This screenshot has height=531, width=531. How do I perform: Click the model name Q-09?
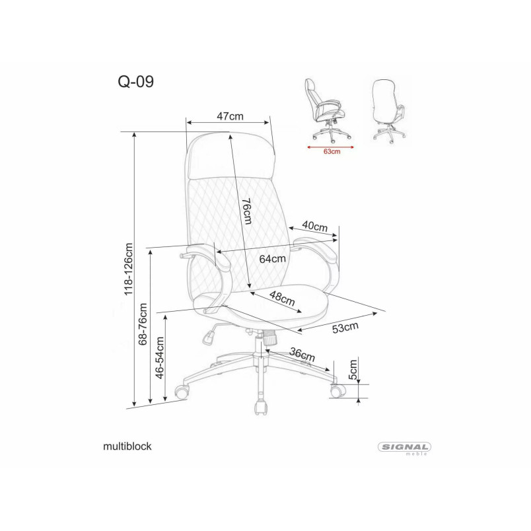[x=135, y=82]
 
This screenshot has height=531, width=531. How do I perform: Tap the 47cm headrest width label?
[x=230, y=116]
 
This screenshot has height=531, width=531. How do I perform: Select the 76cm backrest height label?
[x=247, y=211]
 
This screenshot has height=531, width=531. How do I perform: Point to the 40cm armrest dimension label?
[x=314, y=226]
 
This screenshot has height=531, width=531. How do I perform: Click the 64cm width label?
[x=273, y=259]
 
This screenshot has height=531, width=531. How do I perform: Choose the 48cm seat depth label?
[x=282, y=299]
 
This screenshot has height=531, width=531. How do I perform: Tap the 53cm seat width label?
[x=345, y=328]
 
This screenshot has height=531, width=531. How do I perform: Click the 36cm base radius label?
[x=302, y=354]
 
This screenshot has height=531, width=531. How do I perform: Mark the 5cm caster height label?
[x=353, y=370]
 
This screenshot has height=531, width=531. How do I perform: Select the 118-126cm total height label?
[x=128, y=269]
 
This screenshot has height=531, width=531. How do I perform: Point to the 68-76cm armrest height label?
[x=143, y=324]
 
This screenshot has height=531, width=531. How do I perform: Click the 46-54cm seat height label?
[x=159, y=357]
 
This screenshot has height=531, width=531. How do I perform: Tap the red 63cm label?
[x=332, y=151]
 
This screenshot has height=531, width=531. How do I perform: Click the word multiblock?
[x=127, y=446]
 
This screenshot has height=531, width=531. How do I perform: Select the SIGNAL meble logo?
[x=404, y=448]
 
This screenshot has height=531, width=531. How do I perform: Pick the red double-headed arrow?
[x=330, y=147]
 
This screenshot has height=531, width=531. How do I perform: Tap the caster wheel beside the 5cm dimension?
[x=337, y=391]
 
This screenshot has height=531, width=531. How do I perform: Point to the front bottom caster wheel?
[x=260, y=407]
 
